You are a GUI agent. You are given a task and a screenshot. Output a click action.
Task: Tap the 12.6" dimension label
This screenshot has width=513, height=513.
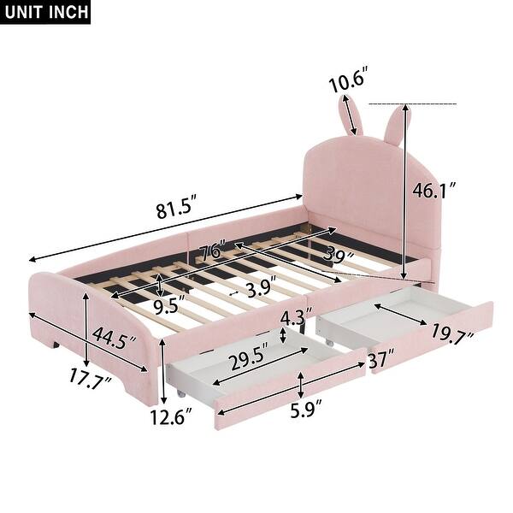(x=168, y=417)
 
